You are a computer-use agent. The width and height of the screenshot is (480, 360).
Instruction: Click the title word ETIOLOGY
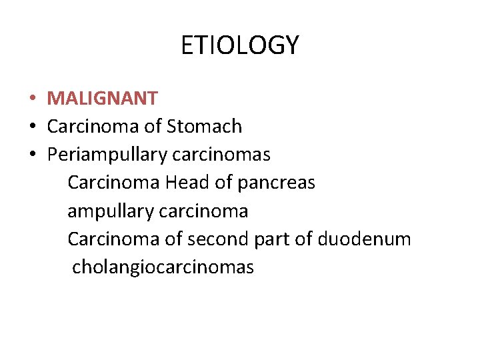(240, 45)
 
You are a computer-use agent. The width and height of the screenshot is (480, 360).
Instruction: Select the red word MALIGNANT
(103, 99)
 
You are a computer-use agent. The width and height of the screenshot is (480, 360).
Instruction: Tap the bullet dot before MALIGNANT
(32, 99)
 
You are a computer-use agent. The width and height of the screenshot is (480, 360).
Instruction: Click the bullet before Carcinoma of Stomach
(32, 127)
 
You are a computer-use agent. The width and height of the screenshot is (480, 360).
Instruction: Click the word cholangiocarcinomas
(163, 267)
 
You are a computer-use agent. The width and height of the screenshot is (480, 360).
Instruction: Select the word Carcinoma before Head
(114, 183)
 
